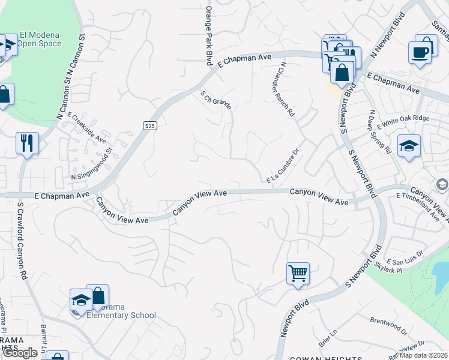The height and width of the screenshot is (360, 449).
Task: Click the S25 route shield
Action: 150,125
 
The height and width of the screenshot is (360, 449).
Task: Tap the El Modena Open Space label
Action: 40,39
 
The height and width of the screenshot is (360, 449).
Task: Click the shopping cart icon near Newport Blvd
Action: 298,274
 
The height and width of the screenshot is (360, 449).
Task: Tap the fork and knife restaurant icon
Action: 27,143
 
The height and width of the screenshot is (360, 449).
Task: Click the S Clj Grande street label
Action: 215,100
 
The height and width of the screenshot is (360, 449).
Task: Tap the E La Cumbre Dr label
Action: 283,164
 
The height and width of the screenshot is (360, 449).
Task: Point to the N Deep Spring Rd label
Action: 379,132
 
